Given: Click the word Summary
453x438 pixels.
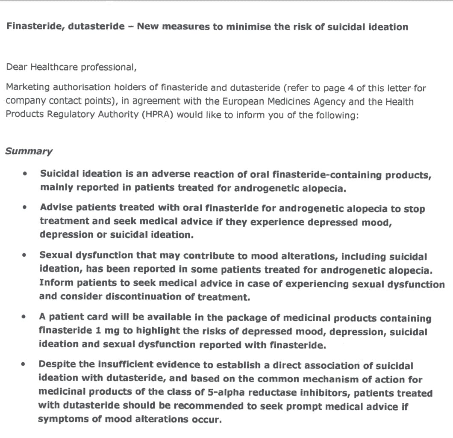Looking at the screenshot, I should pos(29,151).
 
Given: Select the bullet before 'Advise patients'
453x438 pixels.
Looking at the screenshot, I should pos(26,208).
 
